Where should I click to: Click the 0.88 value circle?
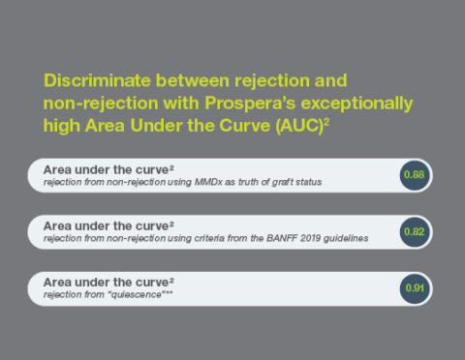[x=415, y=175]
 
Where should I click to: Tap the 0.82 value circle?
[x=415, y=232]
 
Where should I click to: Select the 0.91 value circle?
[x=415, y=288]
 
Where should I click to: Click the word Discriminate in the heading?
[x=97, y=80]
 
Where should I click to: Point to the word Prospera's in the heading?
[x=250, y=104]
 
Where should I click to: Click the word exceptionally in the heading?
[x=357, y=104]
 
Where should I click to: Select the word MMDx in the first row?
[x=208, y=182]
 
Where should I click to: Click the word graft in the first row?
[x=282, y=182]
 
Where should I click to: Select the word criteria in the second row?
[x=209, y=238]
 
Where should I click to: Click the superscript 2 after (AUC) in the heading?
[x=326, y=122]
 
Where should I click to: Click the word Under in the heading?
[x=156, y=126]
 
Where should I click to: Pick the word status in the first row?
[x=309, y=182]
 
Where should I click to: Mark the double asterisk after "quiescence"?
[x=169, y=293]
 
